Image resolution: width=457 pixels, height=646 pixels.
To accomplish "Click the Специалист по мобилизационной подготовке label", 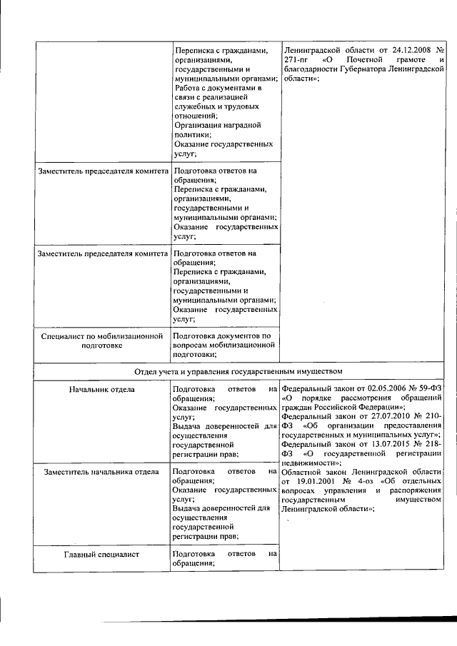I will [x=98, y=340].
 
